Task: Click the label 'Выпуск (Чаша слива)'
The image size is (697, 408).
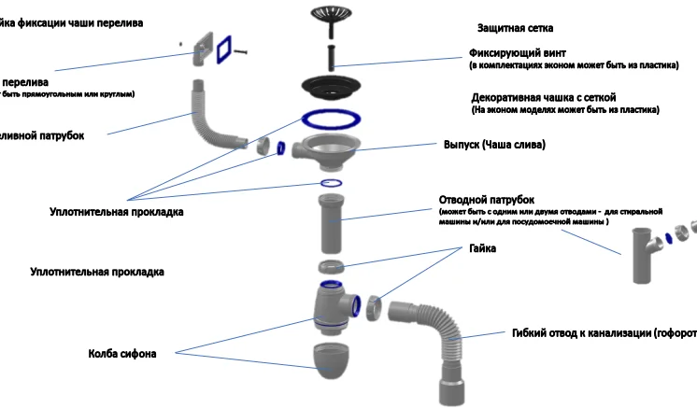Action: (492, 145)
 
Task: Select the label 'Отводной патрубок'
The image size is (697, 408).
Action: (486, 200)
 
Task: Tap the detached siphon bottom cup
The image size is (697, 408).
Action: (334, 359)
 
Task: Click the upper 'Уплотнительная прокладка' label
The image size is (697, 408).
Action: (116, 212)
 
